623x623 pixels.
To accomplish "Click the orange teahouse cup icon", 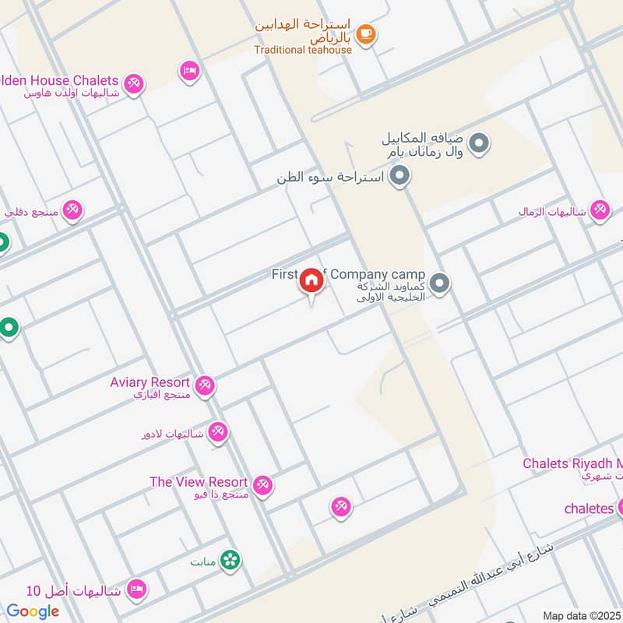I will click(366, 34).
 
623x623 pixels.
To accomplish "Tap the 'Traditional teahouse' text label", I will click(303, 50).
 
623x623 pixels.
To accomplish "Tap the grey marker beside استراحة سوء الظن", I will click(399, 177).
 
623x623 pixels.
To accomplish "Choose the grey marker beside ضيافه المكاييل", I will click(480, 143).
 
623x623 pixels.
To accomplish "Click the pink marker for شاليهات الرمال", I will click(599, 210).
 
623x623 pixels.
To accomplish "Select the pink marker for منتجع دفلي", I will click(72, 210).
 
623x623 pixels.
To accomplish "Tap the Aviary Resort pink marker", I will click(205, 385).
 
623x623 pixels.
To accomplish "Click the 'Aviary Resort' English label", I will click(150, 382).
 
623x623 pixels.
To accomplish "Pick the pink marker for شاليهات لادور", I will click(218, 432).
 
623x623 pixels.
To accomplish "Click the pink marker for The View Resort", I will click(263, 484).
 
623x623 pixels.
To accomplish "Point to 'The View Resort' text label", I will click(199, 482).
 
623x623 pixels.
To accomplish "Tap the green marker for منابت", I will click(230, 559).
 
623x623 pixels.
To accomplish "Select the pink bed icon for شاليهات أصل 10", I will click(136, 590).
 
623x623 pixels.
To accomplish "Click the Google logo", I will click(33, 611).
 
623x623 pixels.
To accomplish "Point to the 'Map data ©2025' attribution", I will click(582, 615).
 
